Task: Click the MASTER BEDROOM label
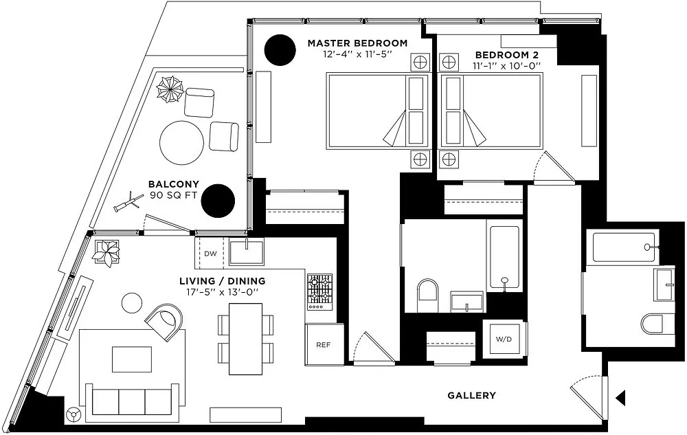[357, 43]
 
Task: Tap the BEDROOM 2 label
[507, 54]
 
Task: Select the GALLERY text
[471, 395]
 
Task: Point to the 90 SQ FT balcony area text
[174, 196]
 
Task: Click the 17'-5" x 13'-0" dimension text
[222, 292]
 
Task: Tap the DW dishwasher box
[210, 254]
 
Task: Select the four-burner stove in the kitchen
[319, 290]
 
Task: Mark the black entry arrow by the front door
[621, 397]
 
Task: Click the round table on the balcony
[181, 142]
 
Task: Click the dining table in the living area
[245, 339]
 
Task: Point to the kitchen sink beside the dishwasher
[246, 251]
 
